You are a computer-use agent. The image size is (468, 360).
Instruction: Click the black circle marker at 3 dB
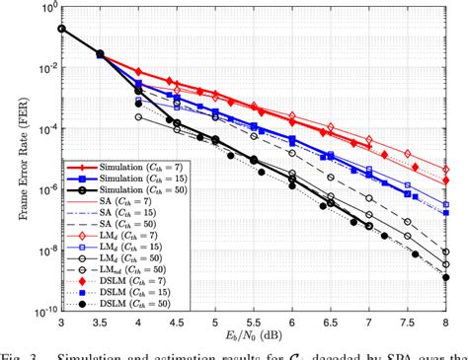pyautogui.click(x=61, y=29)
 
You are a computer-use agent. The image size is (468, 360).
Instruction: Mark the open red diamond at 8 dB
pyautogui.click(x=447, y=154)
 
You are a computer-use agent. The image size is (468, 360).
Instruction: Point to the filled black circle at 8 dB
pyautogui.click(x=447, y=281)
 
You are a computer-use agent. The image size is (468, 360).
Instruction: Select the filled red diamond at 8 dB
pyautogui.click(x=447, y=170)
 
